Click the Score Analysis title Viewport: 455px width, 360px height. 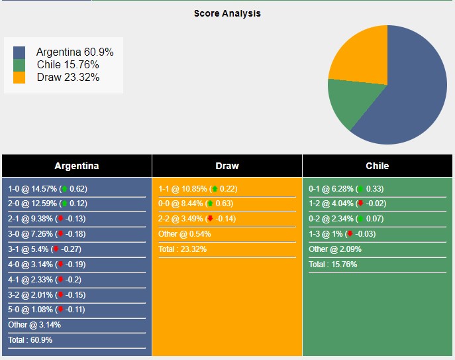pyautogui.click(x=227, y=13)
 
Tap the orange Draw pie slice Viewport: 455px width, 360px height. pyautogui.click(x=361, y=56)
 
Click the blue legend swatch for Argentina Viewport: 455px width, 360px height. pyautogui.click(x=19, y=52)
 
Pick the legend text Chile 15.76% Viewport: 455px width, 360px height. pyautogui.click(x=68, y=64)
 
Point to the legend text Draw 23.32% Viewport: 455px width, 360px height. pyautogui.click(x=68, y=77)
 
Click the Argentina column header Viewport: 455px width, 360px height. pyautogui.click(x=77, y=166)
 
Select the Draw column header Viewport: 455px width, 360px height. pyautogui.click(x=227, y=166)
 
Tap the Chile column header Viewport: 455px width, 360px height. pyautogui.click(x=378, y=166)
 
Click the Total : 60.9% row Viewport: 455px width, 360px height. pyautogui.click(x=30, y=340)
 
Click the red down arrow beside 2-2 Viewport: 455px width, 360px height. pyautogui.click(x=210, y=219)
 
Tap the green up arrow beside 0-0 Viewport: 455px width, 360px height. pyautogui.click(x=209, y=204)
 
